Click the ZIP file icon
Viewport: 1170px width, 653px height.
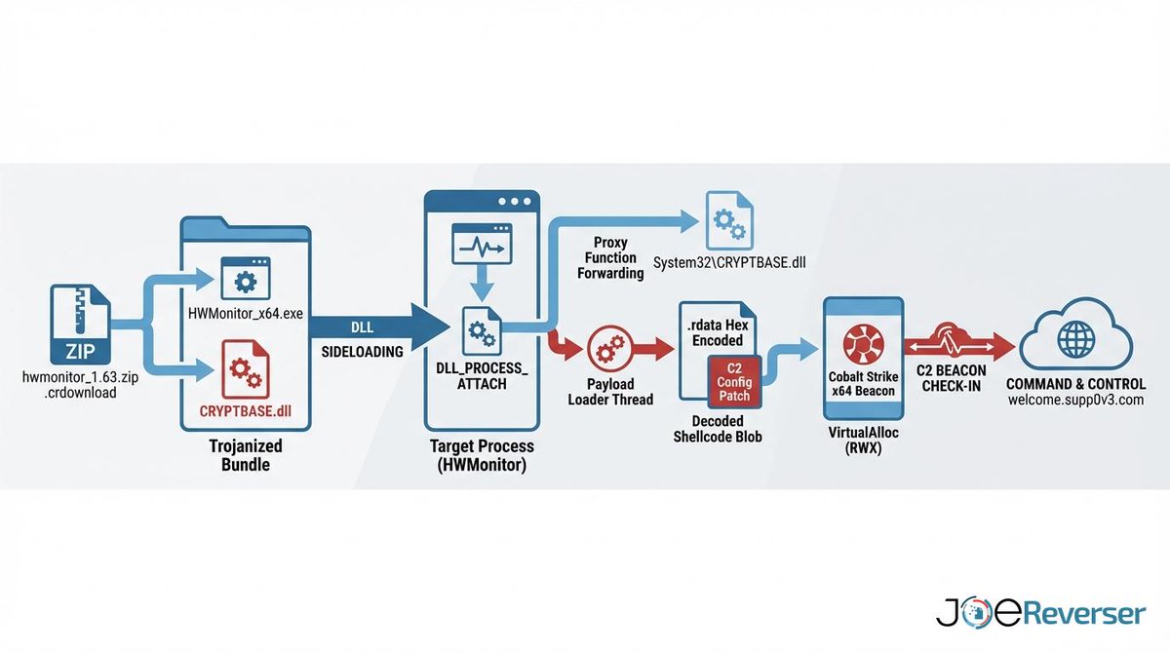coord(80,325)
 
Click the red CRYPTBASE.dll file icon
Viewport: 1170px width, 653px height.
coord(246,369)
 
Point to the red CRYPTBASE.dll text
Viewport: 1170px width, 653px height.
coord(246,411)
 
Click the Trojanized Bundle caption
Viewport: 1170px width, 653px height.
coord(246,455)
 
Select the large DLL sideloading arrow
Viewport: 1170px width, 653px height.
coord(378,328)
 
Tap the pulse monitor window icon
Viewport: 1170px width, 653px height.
coord(482,244)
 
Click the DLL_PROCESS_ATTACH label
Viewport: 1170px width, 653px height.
coord(482,376)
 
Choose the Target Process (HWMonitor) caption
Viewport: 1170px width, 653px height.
coord(482,455)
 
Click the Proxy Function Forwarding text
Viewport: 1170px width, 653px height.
coord(610,258)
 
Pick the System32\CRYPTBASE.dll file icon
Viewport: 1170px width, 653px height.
coord(729,220)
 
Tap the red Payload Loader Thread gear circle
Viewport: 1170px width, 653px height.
coord(610,349)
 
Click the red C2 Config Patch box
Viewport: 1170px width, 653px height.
coord(734,382)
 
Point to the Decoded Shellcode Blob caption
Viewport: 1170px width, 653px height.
coord(718,429)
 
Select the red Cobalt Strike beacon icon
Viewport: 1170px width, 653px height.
coord(864,344)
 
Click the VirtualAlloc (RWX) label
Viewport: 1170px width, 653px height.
coord(864,440)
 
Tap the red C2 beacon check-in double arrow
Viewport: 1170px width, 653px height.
coord(959,347)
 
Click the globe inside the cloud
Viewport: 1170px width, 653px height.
coord(1076,339)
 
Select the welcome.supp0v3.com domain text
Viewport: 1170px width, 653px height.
coord(1076,400)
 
